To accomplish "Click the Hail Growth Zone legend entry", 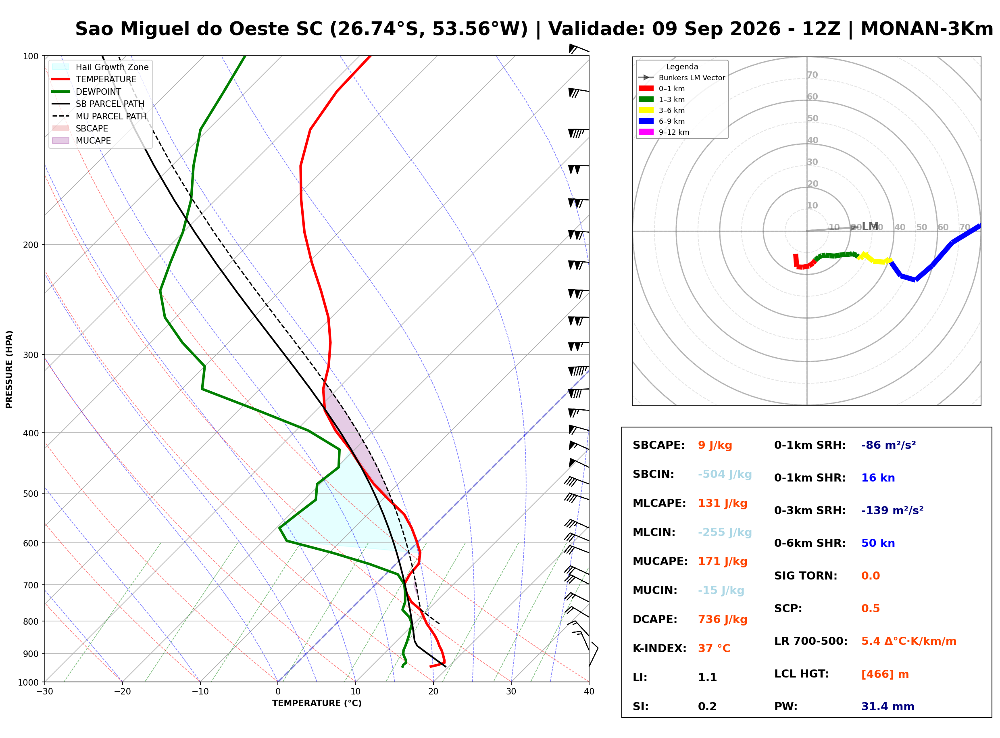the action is click(100, 67).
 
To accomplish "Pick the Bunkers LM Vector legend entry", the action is click(681, 78).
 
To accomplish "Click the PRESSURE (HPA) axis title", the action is click(9, 369).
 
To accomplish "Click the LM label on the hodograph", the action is click(870, 227).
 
